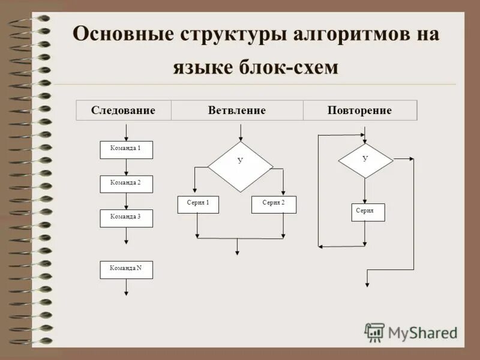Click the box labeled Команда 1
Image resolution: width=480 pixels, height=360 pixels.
pos(126,149)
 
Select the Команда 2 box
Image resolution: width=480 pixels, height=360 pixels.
pos(126,184)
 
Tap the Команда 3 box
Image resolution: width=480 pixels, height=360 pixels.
pos(126,218)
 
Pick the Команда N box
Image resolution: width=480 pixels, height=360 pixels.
pos(126,270)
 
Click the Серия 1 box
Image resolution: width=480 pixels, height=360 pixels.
pos(198,205)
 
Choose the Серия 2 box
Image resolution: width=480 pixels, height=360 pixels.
pos(274,205)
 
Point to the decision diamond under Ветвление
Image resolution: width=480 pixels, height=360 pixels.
pos(240,166)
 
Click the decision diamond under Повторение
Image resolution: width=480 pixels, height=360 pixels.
pos(365,160)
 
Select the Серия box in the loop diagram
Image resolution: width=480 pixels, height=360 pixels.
pos(367,212)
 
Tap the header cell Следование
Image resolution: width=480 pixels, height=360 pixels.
pos(123,110)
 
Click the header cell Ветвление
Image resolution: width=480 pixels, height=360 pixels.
pos(236,110)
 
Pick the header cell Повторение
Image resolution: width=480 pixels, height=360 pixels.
pos(359,110)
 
